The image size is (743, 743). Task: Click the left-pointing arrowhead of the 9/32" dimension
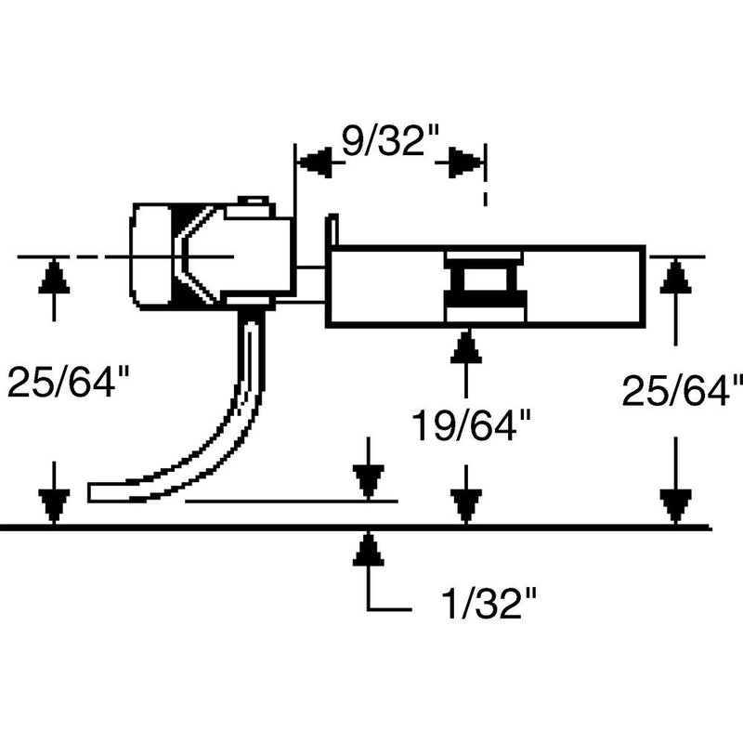pyautogui.click(x=314, y=163)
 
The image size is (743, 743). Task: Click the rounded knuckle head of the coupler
pyautogui.click(x=153, y=255)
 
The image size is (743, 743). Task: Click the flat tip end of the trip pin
pyautogui.click(x=98, y=490)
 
